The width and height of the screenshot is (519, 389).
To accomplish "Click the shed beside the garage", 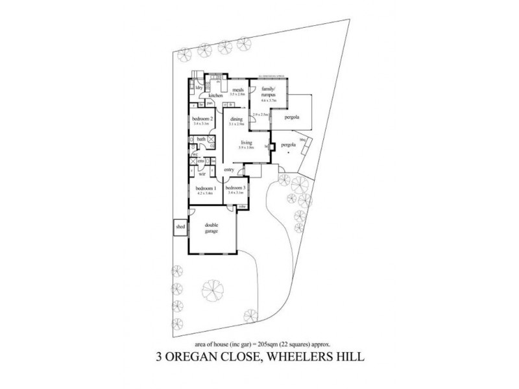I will (180, 228).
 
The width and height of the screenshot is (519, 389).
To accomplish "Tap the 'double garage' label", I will (211, 229).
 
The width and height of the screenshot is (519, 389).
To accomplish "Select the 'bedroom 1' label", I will (206, 188).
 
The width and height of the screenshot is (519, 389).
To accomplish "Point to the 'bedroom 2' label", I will (203, 119).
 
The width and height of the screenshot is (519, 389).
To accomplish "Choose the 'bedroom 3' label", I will (235, 188).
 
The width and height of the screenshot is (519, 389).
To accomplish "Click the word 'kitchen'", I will (216, 95).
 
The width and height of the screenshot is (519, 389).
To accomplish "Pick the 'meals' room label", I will (237, 90).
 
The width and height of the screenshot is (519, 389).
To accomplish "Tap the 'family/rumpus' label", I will (268, 93).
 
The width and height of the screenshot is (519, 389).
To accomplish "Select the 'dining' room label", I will (237, 119).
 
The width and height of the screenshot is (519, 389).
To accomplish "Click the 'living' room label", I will (246, 143).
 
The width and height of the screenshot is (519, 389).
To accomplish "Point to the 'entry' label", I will (228, 169).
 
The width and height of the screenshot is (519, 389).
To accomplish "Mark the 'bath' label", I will (201, 139).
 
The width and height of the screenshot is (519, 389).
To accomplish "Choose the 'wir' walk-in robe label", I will (202, 174).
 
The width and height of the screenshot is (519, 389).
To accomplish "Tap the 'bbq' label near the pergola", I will (302, 139).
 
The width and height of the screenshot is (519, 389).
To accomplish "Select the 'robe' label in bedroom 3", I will (241, 207).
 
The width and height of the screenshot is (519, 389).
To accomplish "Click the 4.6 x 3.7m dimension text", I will (268, 101).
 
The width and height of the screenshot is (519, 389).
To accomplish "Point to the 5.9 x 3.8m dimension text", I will (246, 148).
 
